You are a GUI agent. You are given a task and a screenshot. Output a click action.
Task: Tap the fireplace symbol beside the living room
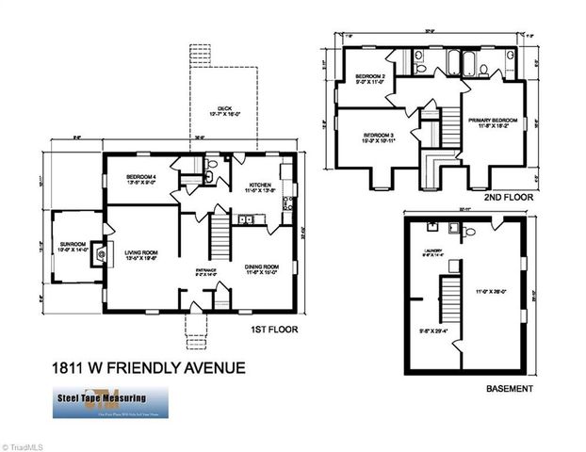(103, 254)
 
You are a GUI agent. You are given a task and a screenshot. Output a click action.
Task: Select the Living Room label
(143, 254)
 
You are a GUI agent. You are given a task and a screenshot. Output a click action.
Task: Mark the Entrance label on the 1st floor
(205, 273)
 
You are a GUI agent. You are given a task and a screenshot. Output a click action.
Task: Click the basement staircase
(442, 301)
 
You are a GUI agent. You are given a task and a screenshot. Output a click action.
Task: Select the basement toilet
(455, 228)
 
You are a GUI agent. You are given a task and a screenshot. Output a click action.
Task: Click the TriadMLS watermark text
(23, 445)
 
